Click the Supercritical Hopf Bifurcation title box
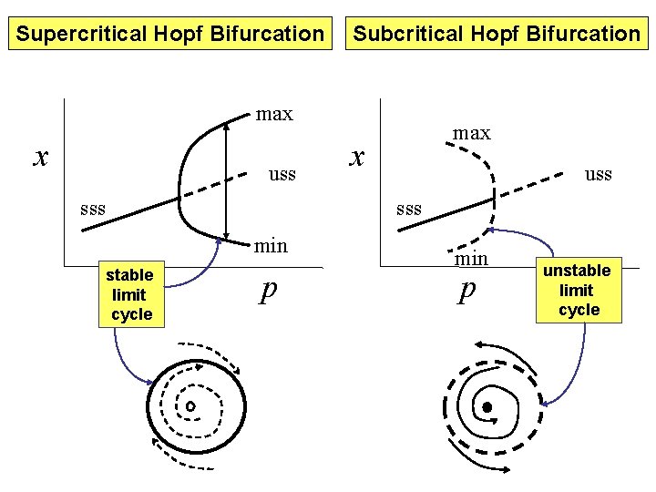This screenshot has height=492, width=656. coord(170,35)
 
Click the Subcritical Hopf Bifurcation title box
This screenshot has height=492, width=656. coord(497,35)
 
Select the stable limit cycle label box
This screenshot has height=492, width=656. coord(130,294)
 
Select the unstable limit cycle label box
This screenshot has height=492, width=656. coord(579,291)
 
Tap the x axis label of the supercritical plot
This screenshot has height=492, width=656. coord(39,157)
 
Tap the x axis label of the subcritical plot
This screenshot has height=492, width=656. coord(358,157)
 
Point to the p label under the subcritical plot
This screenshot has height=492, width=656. coord(467,291)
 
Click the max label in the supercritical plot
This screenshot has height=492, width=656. coord(274,114)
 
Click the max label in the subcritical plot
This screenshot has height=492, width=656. coord(471,133)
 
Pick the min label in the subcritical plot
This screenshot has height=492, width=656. coord(471,259)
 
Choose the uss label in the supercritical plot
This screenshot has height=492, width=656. coord(282,173)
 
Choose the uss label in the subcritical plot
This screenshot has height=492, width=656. coord(598,174)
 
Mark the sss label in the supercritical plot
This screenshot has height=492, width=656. coord(92,209)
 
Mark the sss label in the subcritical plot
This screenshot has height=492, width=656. coord(408,209)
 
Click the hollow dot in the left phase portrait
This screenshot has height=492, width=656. coord(191,405)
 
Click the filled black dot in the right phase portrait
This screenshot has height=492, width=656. coord(487,406)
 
